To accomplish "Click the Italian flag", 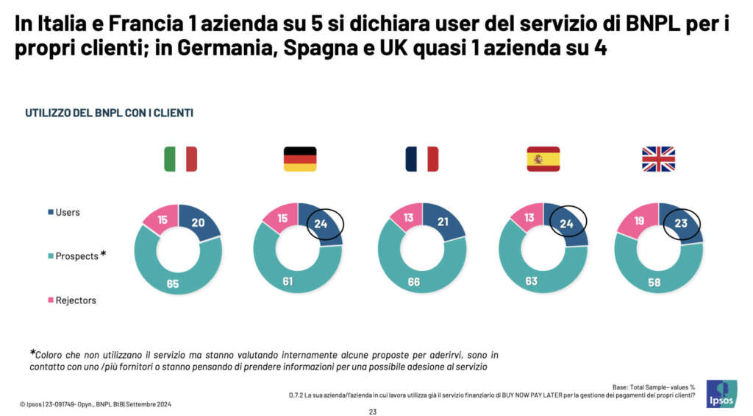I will pyautogui.click(x=180, y=159).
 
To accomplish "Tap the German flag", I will pyautogui.click(x=300, y=159).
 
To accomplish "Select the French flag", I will pyautogui.click(x=421, y=159).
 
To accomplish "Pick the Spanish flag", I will pyautogui.click(x=543, y=159).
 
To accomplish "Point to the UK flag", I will pyautogui.click(x=658, y=159).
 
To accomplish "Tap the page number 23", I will pyautogui.click(x=373, y=412).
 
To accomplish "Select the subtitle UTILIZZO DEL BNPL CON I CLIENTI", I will pyautogui.click(x=109, y=113).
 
